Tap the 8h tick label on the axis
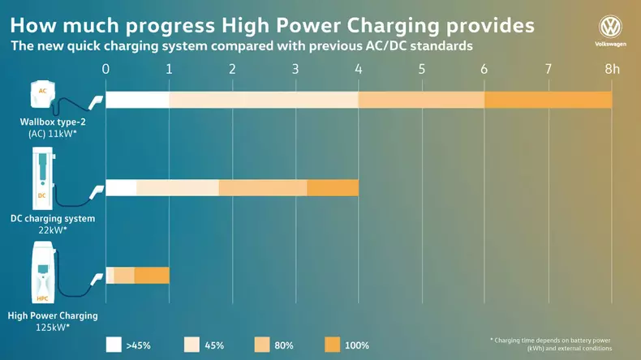[612, 69]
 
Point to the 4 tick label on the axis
[358, 69]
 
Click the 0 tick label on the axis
[105, 69]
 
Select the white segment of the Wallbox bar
[137, 100]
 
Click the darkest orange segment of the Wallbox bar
[548, 100]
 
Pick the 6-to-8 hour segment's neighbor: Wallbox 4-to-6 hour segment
[421, 100]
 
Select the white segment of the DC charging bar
[121, 187]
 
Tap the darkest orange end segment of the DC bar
[333, 187]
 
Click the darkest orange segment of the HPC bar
[152, 275]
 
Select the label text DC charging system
[52, 218]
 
